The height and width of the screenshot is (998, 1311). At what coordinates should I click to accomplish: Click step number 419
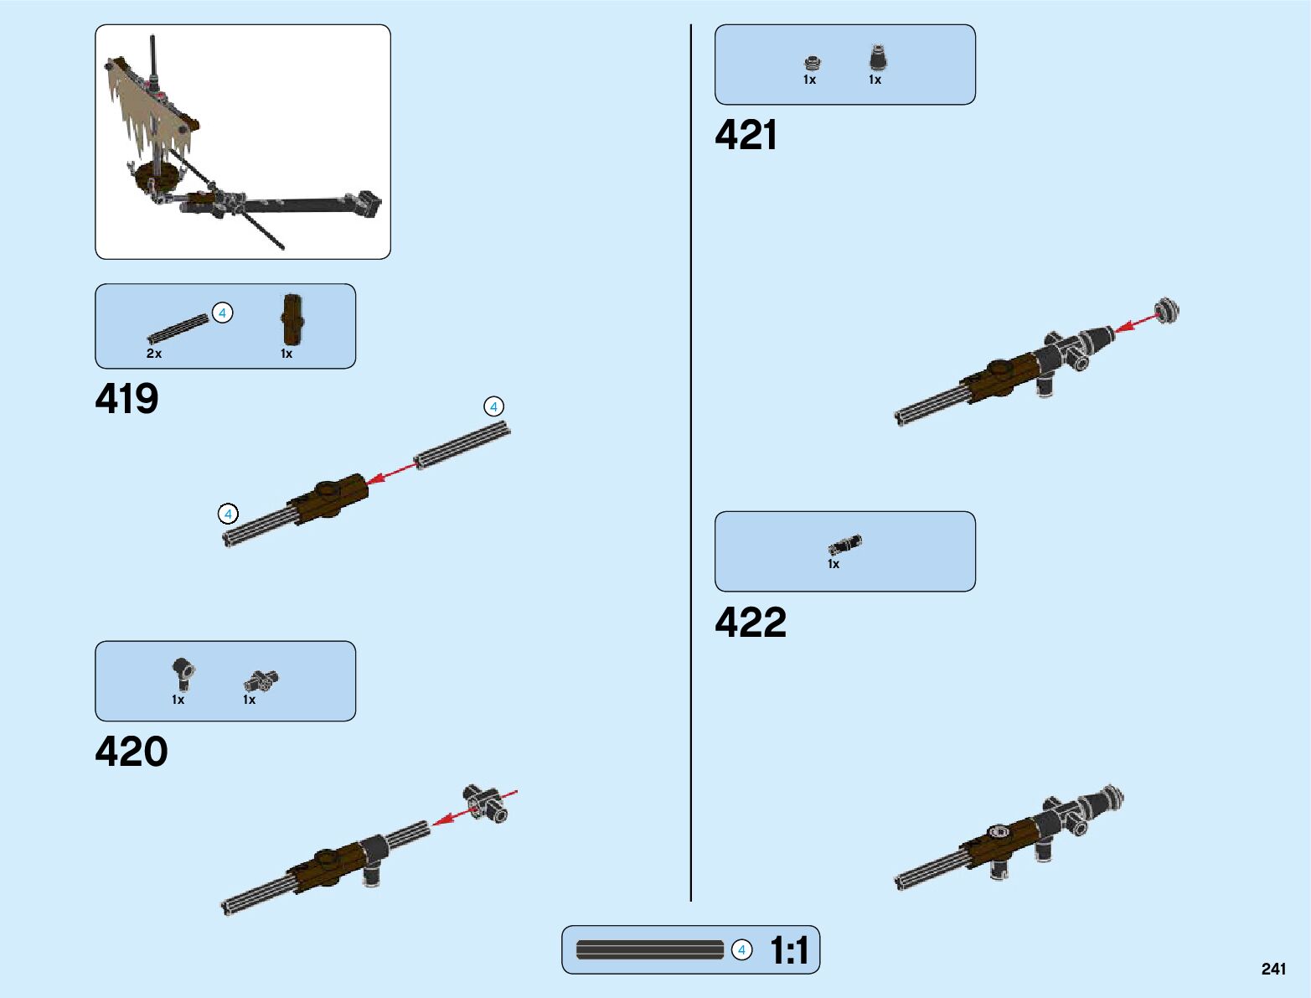coord(126,399)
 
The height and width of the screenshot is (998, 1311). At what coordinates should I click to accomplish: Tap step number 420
coord(132,752)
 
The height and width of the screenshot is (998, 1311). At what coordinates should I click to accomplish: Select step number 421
coord(746,135)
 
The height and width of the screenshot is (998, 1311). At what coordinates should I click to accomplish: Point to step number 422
coord(751,623)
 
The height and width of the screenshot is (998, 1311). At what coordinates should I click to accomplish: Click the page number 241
coord(1272,969)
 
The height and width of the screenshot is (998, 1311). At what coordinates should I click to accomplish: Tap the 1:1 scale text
coord(789,950)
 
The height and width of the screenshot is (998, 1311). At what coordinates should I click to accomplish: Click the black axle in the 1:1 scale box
coord(650,949)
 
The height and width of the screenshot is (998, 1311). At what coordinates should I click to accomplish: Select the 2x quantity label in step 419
coord(154,354)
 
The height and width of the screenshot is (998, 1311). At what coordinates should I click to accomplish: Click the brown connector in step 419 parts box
coord(292,319)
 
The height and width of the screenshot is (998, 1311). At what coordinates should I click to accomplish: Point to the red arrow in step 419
coord(391,472)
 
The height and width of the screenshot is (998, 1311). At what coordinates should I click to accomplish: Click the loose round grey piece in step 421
coord(1166,310)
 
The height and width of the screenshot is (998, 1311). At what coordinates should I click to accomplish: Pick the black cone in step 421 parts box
coord(876,58)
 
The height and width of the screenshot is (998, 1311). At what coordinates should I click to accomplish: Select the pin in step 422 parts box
coord(844,545)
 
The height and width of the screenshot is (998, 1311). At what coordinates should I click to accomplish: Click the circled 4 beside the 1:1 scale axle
coord(741,950)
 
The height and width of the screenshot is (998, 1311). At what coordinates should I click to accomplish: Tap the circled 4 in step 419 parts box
coord(222,313)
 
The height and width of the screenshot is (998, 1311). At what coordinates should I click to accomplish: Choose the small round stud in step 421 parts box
coord(812,63)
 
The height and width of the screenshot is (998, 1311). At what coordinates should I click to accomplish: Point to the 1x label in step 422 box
coord(834,564)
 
